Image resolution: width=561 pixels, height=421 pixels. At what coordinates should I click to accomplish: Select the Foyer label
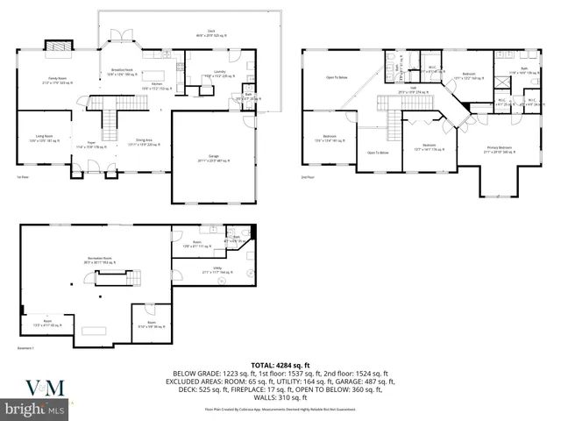[x=91, y=146]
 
